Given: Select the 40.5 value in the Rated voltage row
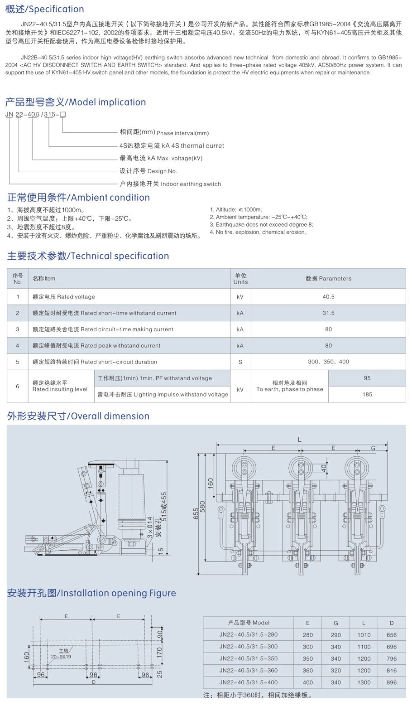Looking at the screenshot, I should click(x=328, y=297).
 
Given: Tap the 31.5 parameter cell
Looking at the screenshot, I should click(x=328, y=313).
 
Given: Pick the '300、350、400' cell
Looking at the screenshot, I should click(x=328, y=362).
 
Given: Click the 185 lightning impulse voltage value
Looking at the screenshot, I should click(x=367, y=394).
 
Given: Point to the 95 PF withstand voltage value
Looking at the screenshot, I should click(x=367, y=378).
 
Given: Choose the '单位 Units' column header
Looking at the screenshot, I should click(x=240, y=279).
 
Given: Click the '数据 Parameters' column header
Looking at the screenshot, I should click(x=328, y=279).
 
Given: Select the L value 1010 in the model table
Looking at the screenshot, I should click(x=364, y=635).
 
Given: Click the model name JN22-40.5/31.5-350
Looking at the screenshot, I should click(x=249, y=658).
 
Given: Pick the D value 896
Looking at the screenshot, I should click(x=392, y=682).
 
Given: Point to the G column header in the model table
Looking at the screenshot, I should click(x=335, y=623).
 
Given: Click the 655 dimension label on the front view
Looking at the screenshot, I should click(x=196, y=513).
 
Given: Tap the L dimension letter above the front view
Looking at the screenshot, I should click(x=300, y=440).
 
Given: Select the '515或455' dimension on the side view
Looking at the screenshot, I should click(x=164, y=507).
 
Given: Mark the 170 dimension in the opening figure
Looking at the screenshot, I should click(x=159, y=653).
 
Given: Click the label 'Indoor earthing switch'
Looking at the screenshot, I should click(x=191, y=184).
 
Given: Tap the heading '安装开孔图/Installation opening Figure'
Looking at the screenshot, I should click(x=91, y=593).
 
